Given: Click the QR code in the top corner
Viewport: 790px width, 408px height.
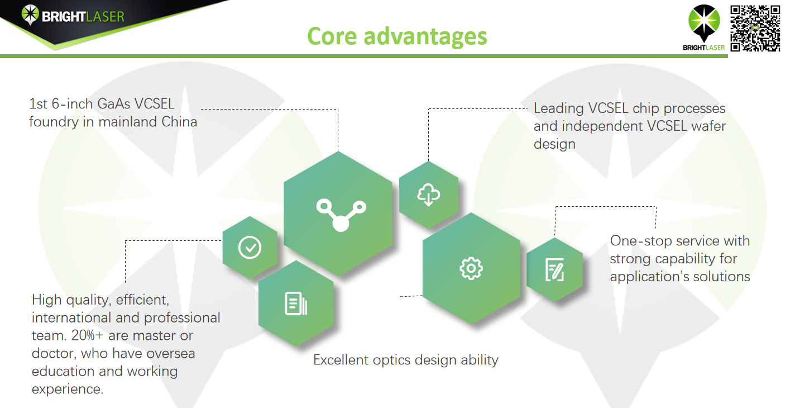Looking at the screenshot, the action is coord(755,29).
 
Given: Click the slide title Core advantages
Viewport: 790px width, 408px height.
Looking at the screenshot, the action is coord(397,37).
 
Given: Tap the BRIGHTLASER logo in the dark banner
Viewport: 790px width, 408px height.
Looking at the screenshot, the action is coord(73,16).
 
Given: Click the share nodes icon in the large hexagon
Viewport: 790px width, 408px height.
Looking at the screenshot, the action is coord(341,215).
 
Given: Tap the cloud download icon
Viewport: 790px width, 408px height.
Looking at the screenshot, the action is coord(429,194).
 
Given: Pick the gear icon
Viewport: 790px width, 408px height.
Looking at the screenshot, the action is coord(471,269).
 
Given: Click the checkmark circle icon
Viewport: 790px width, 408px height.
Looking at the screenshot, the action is coord(250,248).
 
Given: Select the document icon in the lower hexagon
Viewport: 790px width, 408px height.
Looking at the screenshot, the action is coord(296,303).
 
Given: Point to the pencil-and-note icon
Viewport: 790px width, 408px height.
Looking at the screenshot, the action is coord(555,269).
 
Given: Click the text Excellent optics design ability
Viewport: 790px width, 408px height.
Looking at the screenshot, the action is coord(405,360).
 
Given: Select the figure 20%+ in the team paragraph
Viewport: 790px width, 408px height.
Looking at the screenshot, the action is coord(87,335).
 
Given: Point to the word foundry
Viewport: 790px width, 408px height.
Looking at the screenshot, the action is coord(54,122).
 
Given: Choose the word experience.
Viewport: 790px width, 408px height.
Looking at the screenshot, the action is coord(68,390).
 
